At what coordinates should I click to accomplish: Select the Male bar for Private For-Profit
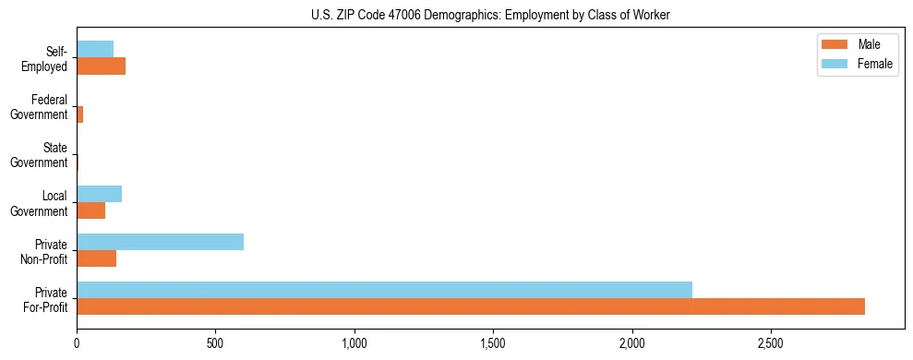tap(471, 306)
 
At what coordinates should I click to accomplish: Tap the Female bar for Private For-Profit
tap(384, 290)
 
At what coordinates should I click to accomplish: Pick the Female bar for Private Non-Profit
tap(161, 242)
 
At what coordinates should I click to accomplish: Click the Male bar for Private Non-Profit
tap(97, 258)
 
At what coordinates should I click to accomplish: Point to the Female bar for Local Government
tap(100, 194)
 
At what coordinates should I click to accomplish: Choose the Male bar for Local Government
tap(91, 210)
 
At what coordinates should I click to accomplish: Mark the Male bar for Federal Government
tap(80, 114)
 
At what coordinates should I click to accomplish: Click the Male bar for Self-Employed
tap(102, 66)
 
